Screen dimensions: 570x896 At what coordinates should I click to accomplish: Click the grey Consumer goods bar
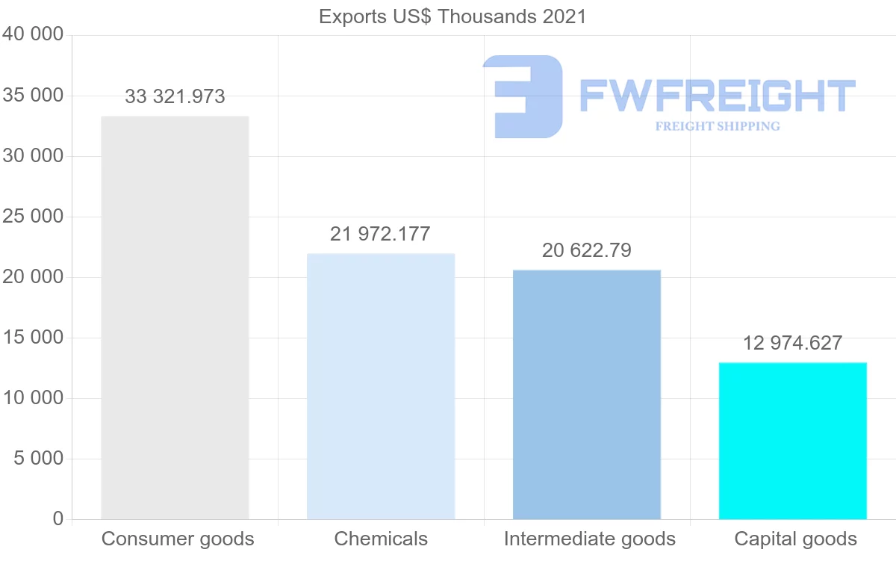175,317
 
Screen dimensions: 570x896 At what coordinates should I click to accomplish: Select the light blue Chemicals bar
381,386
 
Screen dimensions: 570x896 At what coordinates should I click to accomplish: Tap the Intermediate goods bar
587,394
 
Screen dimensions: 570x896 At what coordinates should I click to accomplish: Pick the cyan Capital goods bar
793,441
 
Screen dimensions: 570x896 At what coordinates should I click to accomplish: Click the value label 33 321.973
175,96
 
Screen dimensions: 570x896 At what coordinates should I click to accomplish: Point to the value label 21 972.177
380,234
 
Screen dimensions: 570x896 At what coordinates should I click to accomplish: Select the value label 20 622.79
587,251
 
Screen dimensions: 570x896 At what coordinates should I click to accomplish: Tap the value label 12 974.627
792,343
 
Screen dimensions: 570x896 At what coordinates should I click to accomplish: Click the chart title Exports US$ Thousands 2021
452,16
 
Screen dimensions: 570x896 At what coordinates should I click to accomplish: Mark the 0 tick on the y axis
58,518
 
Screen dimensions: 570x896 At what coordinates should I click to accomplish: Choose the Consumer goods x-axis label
178,539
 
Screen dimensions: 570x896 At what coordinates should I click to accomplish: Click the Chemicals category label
381,539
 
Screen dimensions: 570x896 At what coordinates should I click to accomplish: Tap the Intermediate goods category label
589,539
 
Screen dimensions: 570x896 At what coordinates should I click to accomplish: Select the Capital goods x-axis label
795,539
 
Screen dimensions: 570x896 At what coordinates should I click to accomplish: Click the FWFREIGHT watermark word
717,96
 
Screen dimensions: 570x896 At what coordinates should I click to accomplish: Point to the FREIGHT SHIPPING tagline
717,126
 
